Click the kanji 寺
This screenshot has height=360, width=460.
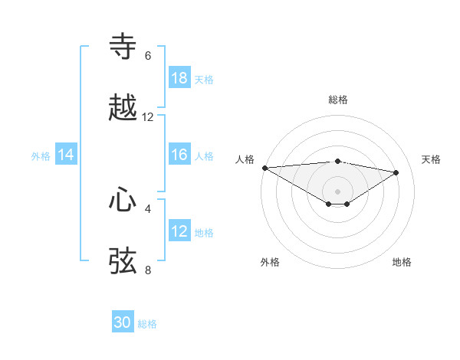coord(123,47)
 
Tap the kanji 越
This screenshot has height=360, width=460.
coord(123,108)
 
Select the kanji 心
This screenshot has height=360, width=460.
coord(123,200)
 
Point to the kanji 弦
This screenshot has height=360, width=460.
coord(123,260)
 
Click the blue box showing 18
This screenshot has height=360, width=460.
coord(179,78)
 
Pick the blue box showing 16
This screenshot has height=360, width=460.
coord(179,155)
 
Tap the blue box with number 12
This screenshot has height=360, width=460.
coord(179,231)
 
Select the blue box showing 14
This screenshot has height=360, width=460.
coord(66,155)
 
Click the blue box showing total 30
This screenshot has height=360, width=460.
coord(123,322)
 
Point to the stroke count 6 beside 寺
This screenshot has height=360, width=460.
coord(148,56)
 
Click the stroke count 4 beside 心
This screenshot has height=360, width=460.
coord(148,208)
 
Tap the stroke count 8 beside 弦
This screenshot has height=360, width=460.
coord(148,270)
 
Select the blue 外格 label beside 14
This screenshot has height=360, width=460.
coord(41,155)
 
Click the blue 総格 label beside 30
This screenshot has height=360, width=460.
coord(148,324)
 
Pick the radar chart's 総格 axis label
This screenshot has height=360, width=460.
coord(338,100)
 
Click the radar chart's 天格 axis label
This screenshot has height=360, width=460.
coord(431,159)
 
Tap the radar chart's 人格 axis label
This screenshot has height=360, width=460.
coord(245,159)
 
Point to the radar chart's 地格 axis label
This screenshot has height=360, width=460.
coord(402,262)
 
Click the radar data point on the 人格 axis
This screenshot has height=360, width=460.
coord(264,168)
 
